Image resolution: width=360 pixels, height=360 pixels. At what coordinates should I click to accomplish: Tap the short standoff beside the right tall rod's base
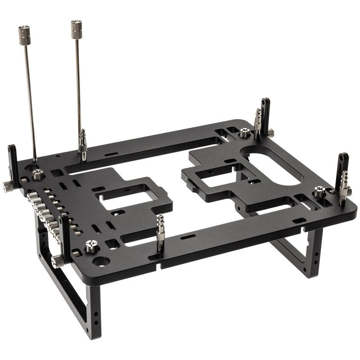click(83, 144)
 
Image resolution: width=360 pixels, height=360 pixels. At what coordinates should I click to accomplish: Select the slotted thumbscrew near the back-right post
click(244, 132)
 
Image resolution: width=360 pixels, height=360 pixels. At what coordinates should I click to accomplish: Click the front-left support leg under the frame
click(67, 292)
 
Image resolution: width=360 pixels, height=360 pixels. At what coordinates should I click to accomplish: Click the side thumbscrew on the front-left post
click(57, 261)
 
